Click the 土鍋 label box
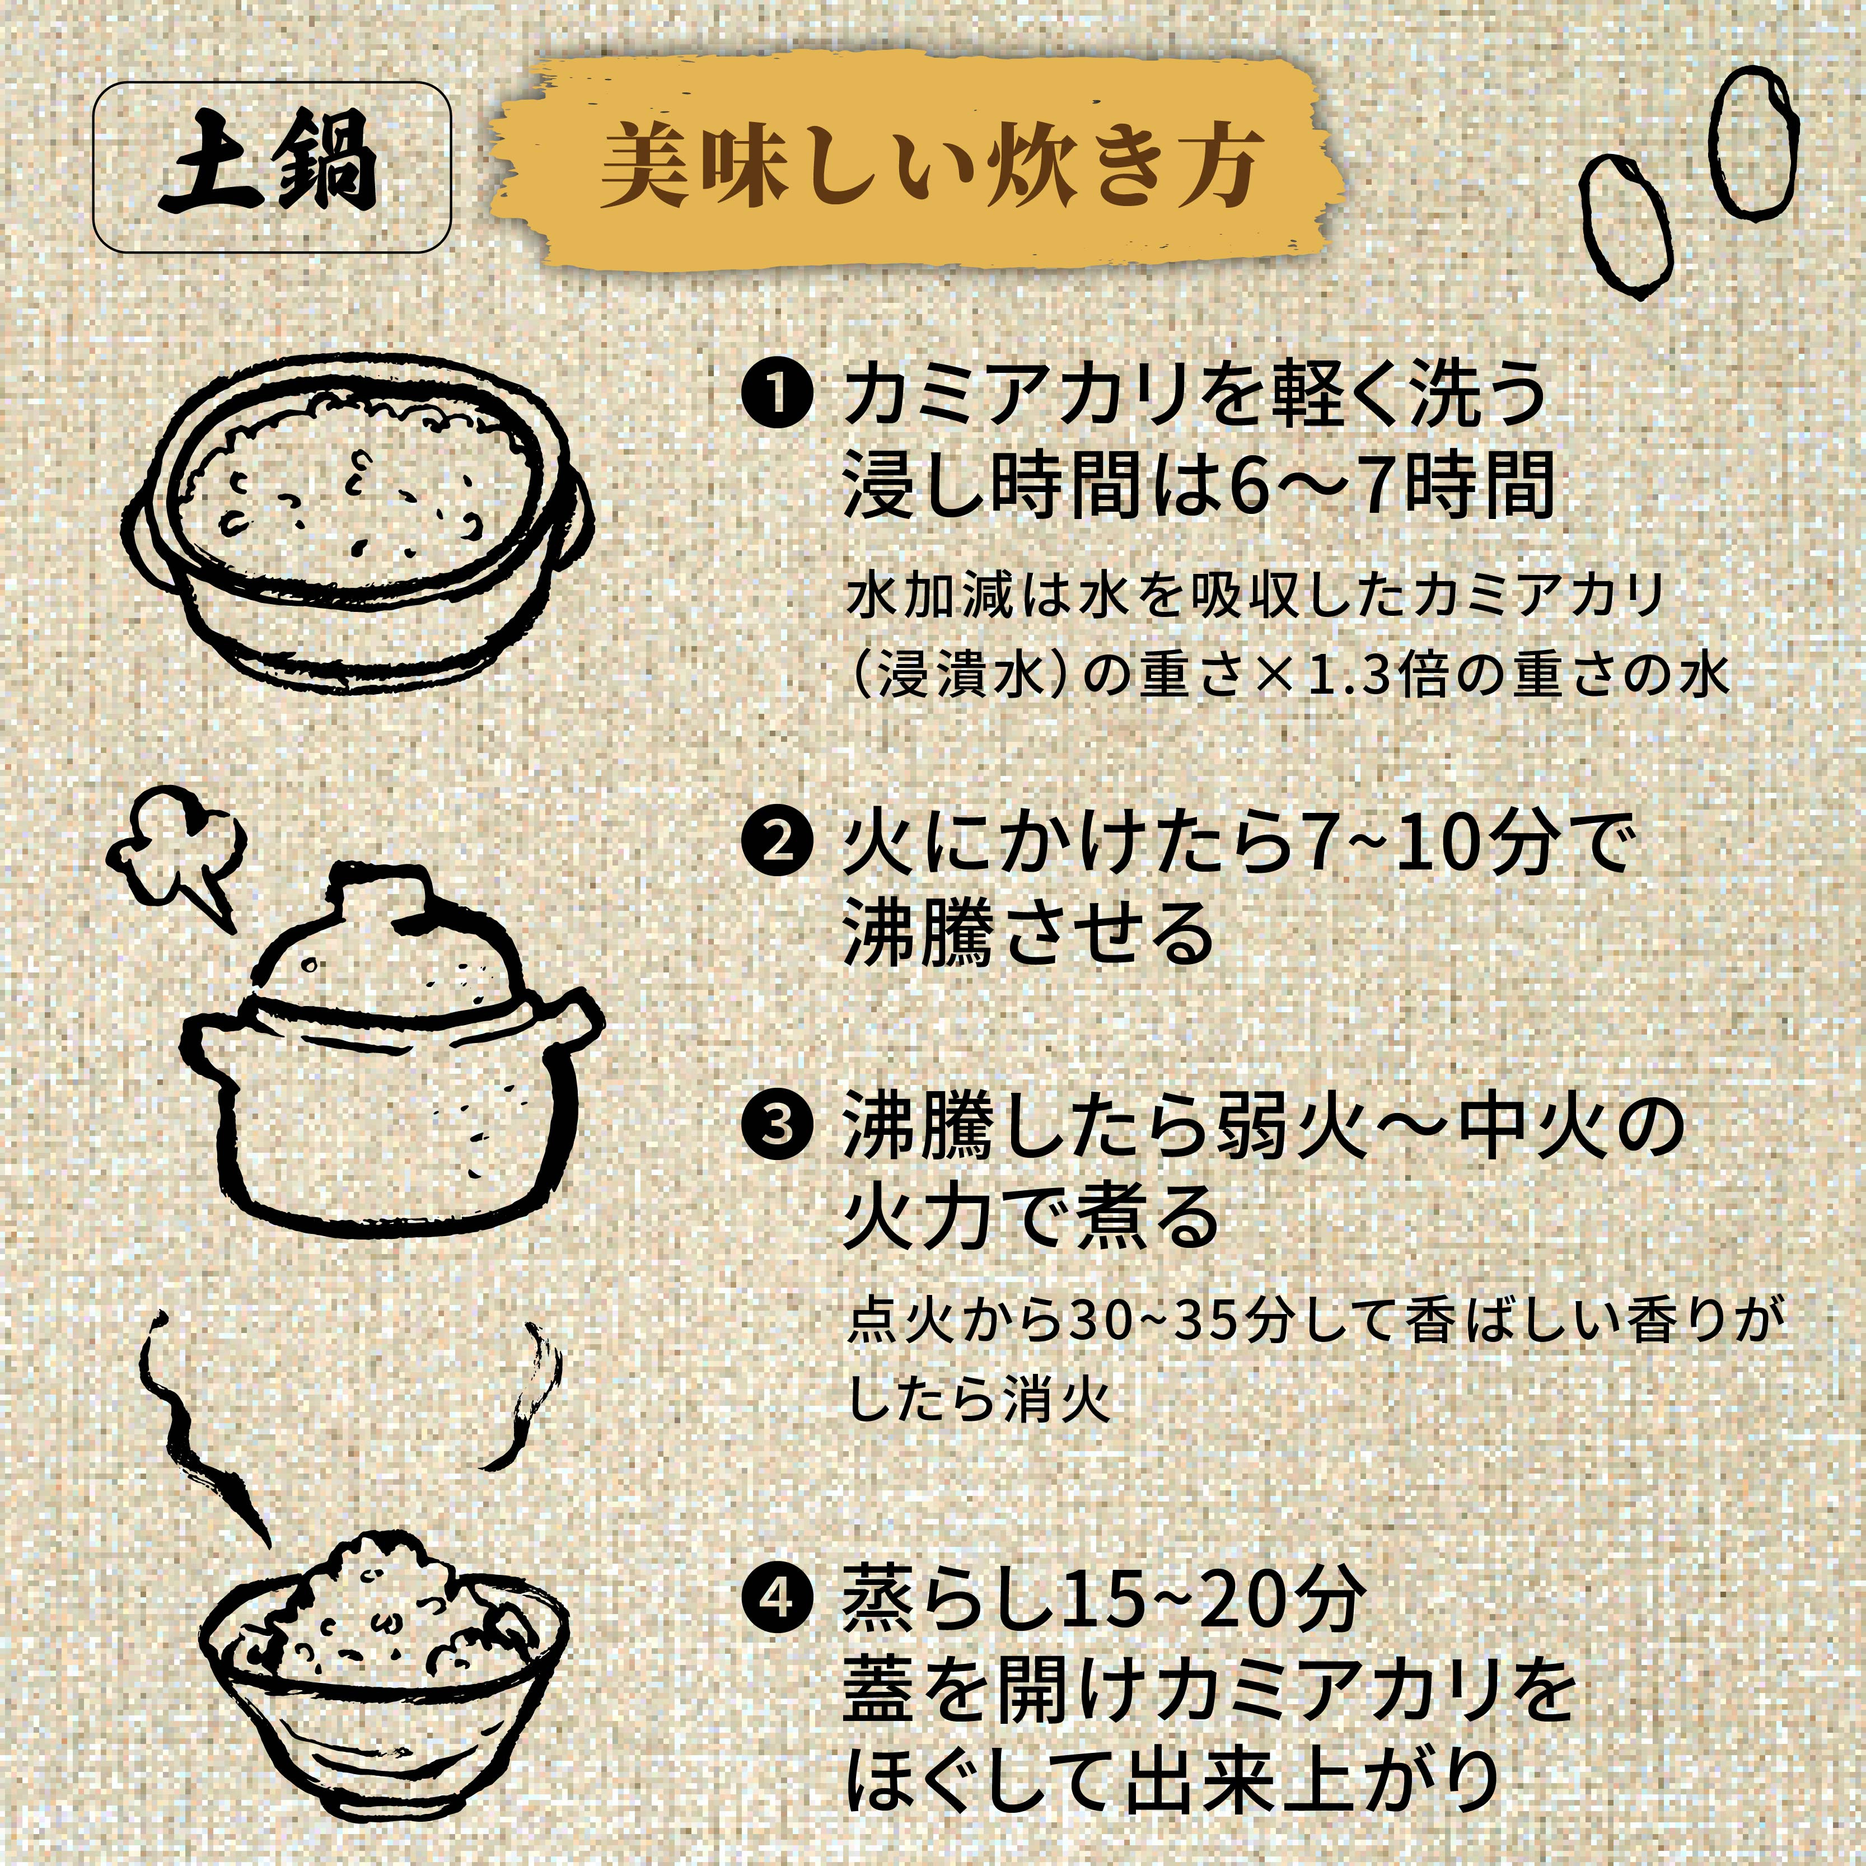click(272, 167)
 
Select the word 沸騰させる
click(1028, 933)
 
